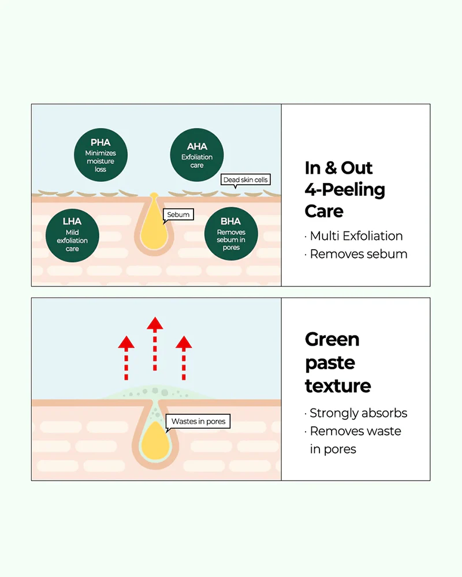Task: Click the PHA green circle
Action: pyautogui.click(x=100, y=155)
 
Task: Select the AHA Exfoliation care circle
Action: pyautogui.click(x=197, y=155)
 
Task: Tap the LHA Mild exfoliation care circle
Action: pyautogui.click(x=72, y=235)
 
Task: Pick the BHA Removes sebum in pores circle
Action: pyautogui.click(x=231, y=234)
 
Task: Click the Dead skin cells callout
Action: pyautogui.click(x=245, y=180)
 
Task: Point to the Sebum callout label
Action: pyautogui.click(x=178, y=215)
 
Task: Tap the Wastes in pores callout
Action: pyautogui.click(x=198, y=422)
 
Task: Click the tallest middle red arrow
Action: pyautogui.click(x=155, y=343)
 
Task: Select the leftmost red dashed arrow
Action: pyautogui.click(x=126, y=358)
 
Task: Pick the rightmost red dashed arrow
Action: pyautogui.click(x=184, y=358)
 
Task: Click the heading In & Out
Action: pyautogui.click(x=338, y=168)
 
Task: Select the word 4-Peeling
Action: pyautogui.click(x=345, y=189)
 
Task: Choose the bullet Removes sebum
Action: pyautogui.click(x=356, y=254)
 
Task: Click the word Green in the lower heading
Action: pyautogui.click(x=332, y=339)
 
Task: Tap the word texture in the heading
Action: pyautogui.click(x=338, y=386)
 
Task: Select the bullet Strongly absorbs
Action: pyautogui.click(x=356, y=413)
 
